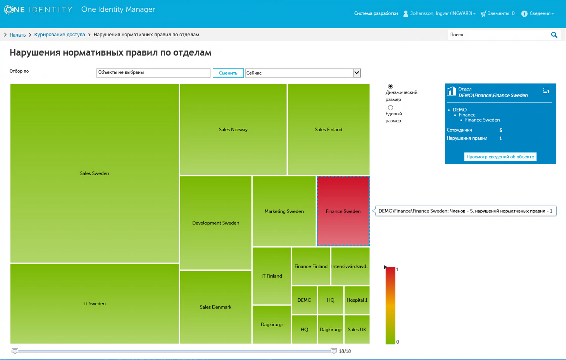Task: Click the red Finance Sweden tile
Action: click(343, 211)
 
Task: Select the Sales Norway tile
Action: click(233, 130)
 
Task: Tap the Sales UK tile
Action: click(357, 329)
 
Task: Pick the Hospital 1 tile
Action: click(357, 300)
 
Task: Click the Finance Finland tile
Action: click(311, 266)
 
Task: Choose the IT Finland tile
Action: click(272, 276)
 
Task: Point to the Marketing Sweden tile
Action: click(284, 211)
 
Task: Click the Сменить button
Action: click(228, 73)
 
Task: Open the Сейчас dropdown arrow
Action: click(357, 73)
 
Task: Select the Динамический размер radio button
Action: click(390, 87)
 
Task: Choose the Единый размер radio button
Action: click(390, 108)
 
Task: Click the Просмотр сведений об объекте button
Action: click(500, 157)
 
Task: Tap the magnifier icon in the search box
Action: click(554, 35)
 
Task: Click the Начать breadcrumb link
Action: click(17, 35)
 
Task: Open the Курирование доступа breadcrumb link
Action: click(60, 35)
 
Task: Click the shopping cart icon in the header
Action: click(483, 14)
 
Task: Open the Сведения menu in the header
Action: click(539, 13)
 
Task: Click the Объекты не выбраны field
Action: click(153, 73)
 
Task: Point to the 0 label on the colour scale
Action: click(398, 342)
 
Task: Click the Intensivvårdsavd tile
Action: click(350, 266)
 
